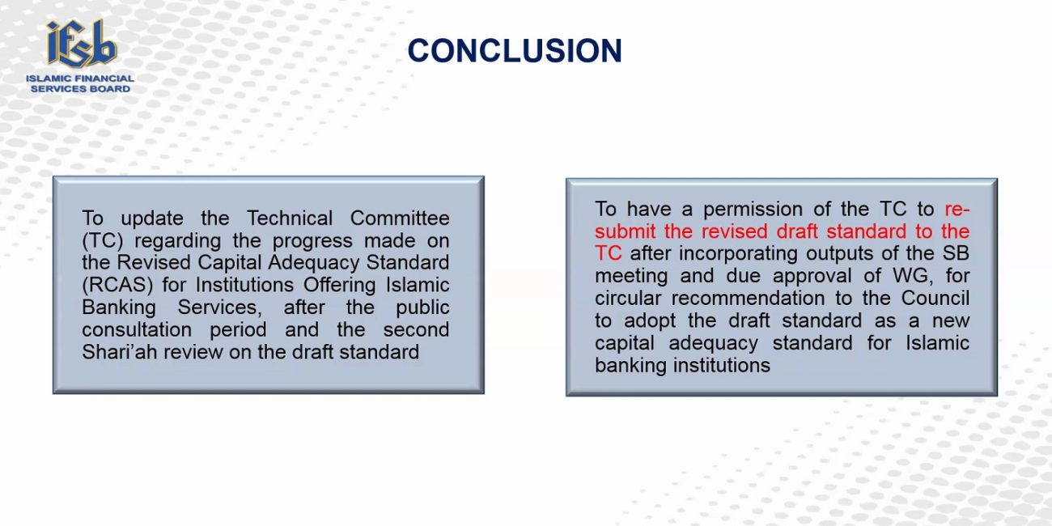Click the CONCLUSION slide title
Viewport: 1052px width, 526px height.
515,50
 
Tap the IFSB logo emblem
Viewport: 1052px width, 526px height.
81,43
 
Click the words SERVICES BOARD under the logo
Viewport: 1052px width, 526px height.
80,89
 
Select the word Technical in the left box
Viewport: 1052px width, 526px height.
290,218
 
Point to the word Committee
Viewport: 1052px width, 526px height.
400,218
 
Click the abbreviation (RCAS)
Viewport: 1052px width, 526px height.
117,285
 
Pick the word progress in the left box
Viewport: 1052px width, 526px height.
312,241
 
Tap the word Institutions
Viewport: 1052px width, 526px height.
244,285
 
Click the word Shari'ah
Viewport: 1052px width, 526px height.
119,352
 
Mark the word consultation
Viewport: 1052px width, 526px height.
137,329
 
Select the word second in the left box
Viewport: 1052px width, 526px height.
416,329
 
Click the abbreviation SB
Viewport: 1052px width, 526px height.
956,253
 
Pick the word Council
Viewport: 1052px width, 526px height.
935,299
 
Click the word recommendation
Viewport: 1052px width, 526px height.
748,299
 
